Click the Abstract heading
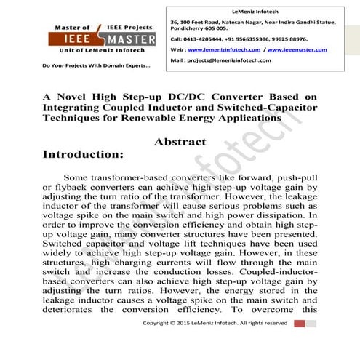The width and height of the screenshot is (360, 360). [x=180, y=142]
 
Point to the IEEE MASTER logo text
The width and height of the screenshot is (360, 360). [x=93, y=40]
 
